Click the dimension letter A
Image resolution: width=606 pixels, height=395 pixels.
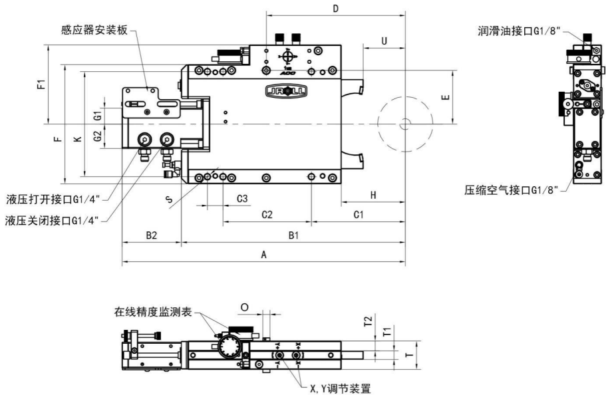264,254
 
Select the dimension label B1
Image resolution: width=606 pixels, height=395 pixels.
293,235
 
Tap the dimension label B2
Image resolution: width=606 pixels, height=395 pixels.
151,235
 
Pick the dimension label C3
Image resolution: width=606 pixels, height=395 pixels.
242,198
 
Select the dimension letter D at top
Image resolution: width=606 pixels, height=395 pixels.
336,9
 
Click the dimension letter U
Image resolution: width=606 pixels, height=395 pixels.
384,41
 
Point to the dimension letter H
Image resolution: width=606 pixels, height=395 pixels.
373,194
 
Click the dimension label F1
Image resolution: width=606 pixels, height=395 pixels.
41,84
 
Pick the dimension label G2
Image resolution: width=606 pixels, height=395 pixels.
97,137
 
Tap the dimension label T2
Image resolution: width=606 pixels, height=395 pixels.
367,321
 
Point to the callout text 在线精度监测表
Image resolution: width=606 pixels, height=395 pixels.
153,311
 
